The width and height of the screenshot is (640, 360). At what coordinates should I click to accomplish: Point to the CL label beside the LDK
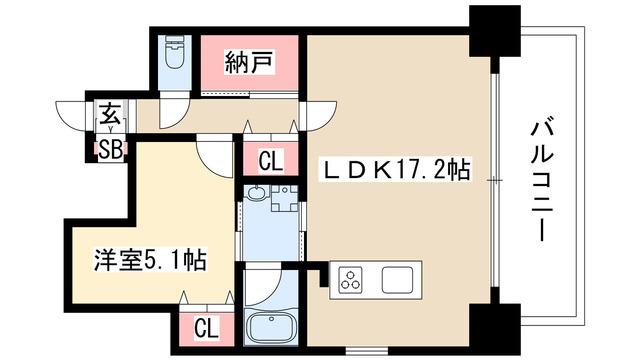[x=270, y=161]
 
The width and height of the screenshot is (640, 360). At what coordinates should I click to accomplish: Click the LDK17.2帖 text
[x=394, y=168]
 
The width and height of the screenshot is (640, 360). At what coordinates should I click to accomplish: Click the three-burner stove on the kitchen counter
[x=354, y=278]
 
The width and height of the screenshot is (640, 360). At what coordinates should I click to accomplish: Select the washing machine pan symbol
[x=284, y=197]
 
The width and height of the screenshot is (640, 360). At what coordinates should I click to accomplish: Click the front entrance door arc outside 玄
[x=76, y=112]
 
